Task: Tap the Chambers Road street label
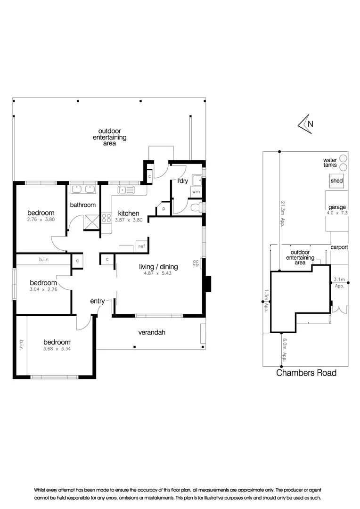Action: tap(306, 373)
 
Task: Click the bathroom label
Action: tap(83, 205)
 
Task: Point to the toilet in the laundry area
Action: tap(198, 206)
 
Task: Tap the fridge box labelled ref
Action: tap(141, 246)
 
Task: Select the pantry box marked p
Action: tap(164, 208)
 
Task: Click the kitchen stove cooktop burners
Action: tap(106, 218)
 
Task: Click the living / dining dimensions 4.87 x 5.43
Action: tap(155, 273)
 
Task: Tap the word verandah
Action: tap(152, 332)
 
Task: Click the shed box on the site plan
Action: tap(336, 181)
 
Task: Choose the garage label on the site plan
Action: tap(337, 207)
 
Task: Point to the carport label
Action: tap(339, 247)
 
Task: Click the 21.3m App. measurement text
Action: tap(283, 214)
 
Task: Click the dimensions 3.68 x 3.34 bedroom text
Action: tap(57, 349)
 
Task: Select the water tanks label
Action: tap(330, 163)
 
